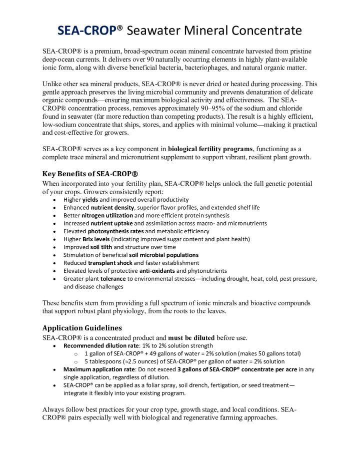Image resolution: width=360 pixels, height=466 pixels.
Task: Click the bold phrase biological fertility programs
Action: pos(210,149)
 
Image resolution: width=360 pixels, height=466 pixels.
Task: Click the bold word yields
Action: pos(90,199)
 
